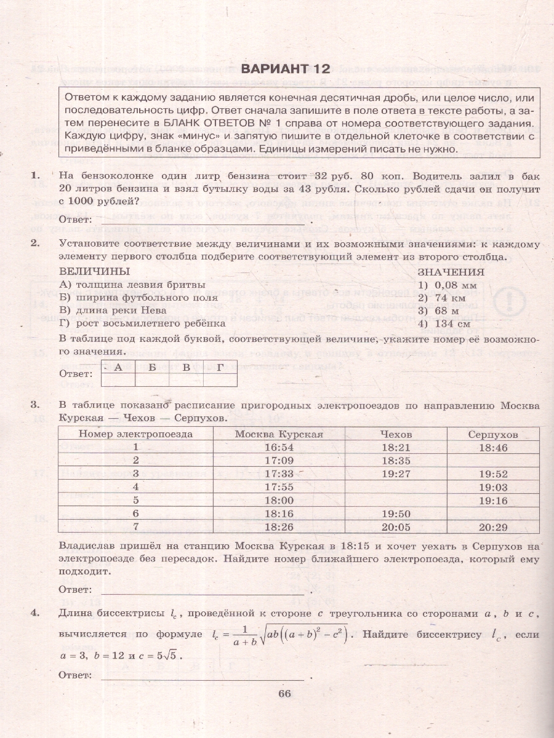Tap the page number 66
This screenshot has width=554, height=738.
point(284,694)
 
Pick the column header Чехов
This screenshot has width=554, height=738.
point(396,434)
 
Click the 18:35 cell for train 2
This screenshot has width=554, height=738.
point(396,460)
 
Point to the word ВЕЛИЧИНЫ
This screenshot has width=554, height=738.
point(94,272)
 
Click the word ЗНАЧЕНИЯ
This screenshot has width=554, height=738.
point(451,272)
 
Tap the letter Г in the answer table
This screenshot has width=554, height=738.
point(220,367)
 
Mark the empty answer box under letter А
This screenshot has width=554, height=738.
point(118,380)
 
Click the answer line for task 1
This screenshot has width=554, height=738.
point(203,220)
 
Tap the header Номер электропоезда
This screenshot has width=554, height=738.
point(136,434)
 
